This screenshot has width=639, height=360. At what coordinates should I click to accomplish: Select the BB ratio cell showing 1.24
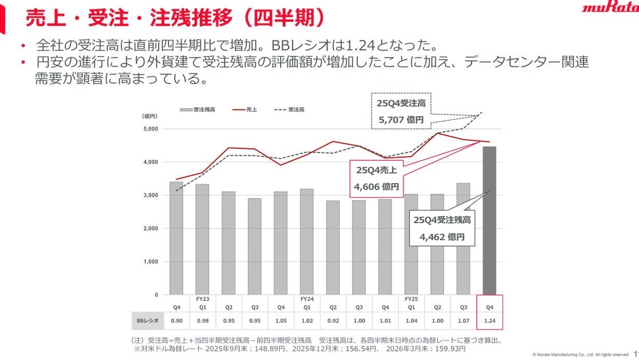pyautogui.click(x=489, y=321)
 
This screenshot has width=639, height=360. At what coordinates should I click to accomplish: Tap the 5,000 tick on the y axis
pyautogui.click(x=151, y=129)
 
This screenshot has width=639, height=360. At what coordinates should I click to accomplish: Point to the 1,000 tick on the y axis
pyautogui.click(x=151, y=262)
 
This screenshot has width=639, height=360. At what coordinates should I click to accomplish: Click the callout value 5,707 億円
pyautogui.click(x=401, y=120)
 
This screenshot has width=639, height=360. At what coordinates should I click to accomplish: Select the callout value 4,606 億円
pyautogui.click(x=376, y=187)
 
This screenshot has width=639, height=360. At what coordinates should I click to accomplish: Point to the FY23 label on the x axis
pyautogui.click(x=202, y=299)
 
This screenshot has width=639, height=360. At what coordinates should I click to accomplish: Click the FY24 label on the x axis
pyautogui.click(x=307, y=299)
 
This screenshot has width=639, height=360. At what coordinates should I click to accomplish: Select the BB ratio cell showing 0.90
pyautogui.click(x=176, y=321)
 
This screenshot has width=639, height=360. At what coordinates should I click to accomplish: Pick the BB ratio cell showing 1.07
pyautogui.click(x=463, y=321)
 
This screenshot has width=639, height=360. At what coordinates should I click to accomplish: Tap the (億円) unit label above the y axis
pyautogui.click(x=148, y=116)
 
